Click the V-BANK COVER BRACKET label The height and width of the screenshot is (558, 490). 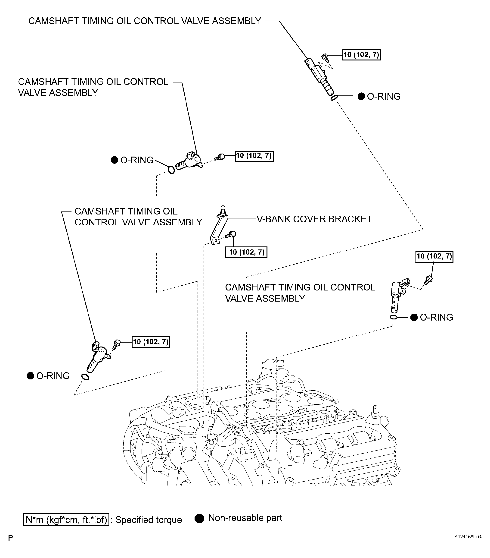click(314, 219)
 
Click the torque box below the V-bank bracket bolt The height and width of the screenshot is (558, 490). click(246, 252)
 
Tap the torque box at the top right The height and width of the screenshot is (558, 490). click(361, 55)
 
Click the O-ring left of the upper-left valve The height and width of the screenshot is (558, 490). click(171, 170)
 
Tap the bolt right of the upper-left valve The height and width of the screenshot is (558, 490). click(220, 157)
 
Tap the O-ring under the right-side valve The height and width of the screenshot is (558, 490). click(393, 317)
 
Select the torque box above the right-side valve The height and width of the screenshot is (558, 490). click(434, 256)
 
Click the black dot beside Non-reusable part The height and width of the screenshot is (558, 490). click(199, 518)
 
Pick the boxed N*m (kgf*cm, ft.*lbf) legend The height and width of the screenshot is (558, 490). click(66, 520)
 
